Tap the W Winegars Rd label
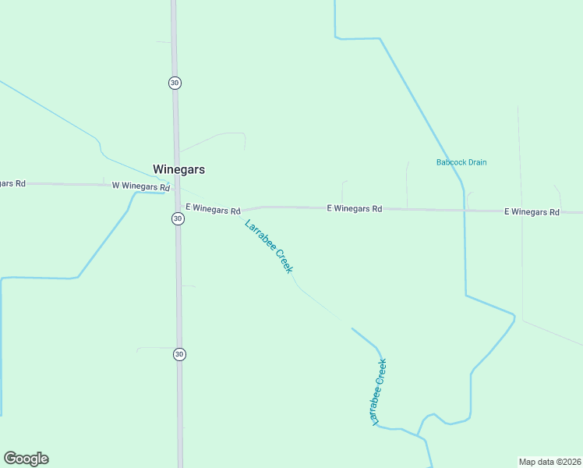click(140, 186)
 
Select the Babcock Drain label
click(461, 162)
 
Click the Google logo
click(26, 459)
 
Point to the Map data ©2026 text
click(549, 461)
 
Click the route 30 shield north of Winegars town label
click(175, 83)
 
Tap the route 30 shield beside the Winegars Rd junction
click(178, 219)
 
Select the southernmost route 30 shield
click(179, 354)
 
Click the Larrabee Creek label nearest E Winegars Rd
click(269, 246)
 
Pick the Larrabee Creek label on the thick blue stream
click(380, 392)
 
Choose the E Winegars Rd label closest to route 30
click(213, 209)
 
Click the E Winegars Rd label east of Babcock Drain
click(532, 211)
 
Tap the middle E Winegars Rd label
click(355, 208)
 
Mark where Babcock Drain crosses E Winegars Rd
click(464, 210)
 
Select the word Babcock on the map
click(448, 162)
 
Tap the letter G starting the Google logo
click(10, 459)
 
